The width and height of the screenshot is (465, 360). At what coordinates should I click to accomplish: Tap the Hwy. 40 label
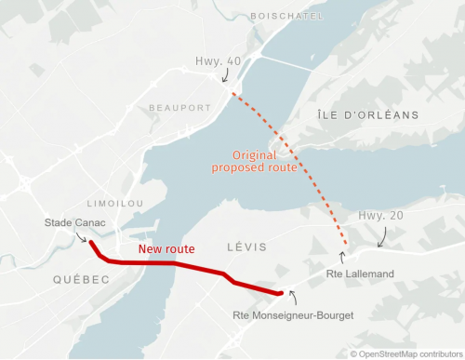pyautogui.click(x=218, y=61)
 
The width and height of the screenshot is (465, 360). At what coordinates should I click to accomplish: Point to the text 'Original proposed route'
pyautogui.click(x=253, y=161)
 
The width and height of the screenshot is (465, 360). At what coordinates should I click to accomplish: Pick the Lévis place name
pyautogui.click(x=247, y=247)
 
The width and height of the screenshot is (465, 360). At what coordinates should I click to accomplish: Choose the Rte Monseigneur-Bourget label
pyautogui.click(x=291, y=316)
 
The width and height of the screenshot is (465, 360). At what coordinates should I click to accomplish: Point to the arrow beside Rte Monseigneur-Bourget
pyautogui.click(x=294, y=297)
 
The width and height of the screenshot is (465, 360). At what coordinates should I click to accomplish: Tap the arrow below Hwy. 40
pyautogui.click(x=224, y=80)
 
